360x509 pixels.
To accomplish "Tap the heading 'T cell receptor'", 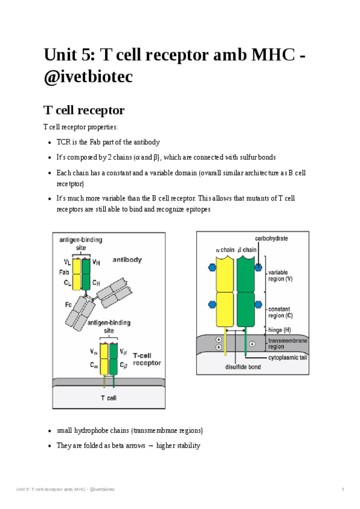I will point(84,110).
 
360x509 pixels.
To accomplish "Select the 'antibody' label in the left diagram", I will point(127,260).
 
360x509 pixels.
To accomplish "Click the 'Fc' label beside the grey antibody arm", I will point(68,305).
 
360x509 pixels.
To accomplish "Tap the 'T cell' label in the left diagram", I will point(108,397).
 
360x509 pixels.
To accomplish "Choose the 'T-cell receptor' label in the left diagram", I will point(146,358).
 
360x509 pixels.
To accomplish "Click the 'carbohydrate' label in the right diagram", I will point(271,238).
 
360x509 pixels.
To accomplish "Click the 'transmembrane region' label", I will point(288,343).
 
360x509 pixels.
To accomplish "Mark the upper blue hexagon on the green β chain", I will point(259,267).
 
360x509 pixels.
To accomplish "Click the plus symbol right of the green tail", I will point(253,344).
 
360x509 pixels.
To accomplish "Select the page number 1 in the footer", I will point(343,490).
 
